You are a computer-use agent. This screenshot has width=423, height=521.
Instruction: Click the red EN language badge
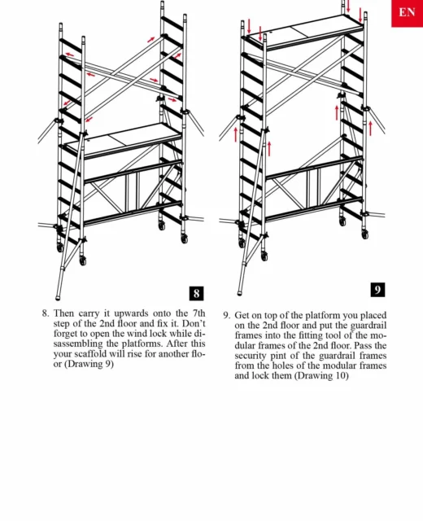tap(407, 13)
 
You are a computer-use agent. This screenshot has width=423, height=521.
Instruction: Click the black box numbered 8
tap(196, 293)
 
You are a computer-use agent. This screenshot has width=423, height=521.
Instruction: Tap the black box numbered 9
tap(377, 290)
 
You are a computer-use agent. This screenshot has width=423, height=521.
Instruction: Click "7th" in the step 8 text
tap(198, 313)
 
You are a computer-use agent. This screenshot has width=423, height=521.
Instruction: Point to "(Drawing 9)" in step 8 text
tap(89, 364)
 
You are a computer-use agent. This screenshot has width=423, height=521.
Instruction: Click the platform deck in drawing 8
tap(123, 139)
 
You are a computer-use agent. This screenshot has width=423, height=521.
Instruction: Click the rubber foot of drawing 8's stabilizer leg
tap(58, 296)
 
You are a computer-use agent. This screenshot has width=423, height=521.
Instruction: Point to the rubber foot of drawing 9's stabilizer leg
tap(240, 292)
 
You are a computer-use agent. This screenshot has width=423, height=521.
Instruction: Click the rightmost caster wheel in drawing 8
tap(185, 239)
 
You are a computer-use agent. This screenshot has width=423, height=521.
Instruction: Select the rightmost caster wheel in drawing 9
tap(365, 234)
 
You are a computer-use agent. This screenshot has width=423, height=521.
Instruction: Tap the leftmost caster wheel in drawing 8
tap(60, 247)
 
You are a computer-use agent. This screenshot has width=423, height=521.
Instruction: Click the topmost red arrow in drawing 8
tap(151, 40)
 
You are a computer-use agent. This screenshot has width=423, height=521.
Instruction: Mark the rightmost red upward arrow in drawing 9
tap(371, 129)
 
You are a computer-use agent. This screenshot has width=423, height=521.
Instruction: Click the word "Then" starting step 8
tap(64, 313)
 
